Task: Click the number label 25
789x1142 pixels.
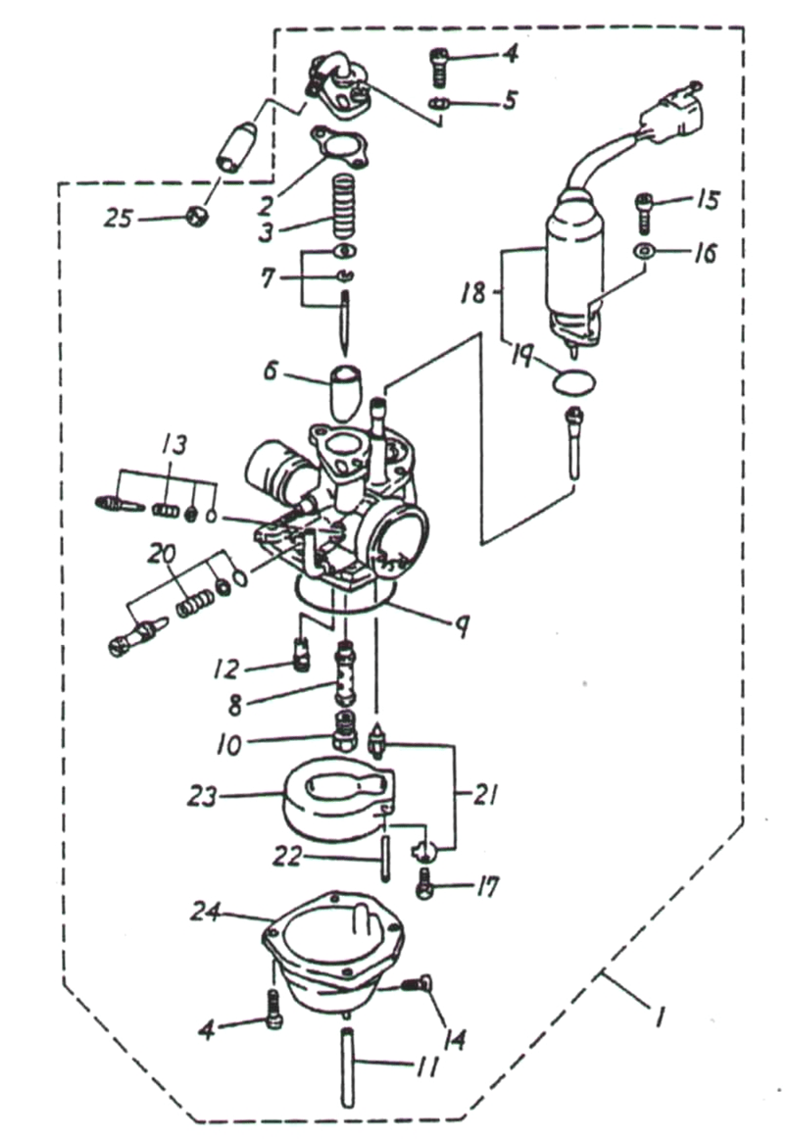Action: [119, 219]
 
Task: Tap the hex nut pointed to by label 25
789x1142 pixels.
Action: [198, 217]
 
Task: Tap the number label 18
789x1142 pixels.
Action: [473, 293]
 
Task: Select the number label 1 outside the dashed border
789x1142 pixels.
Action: [658, 1019]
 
